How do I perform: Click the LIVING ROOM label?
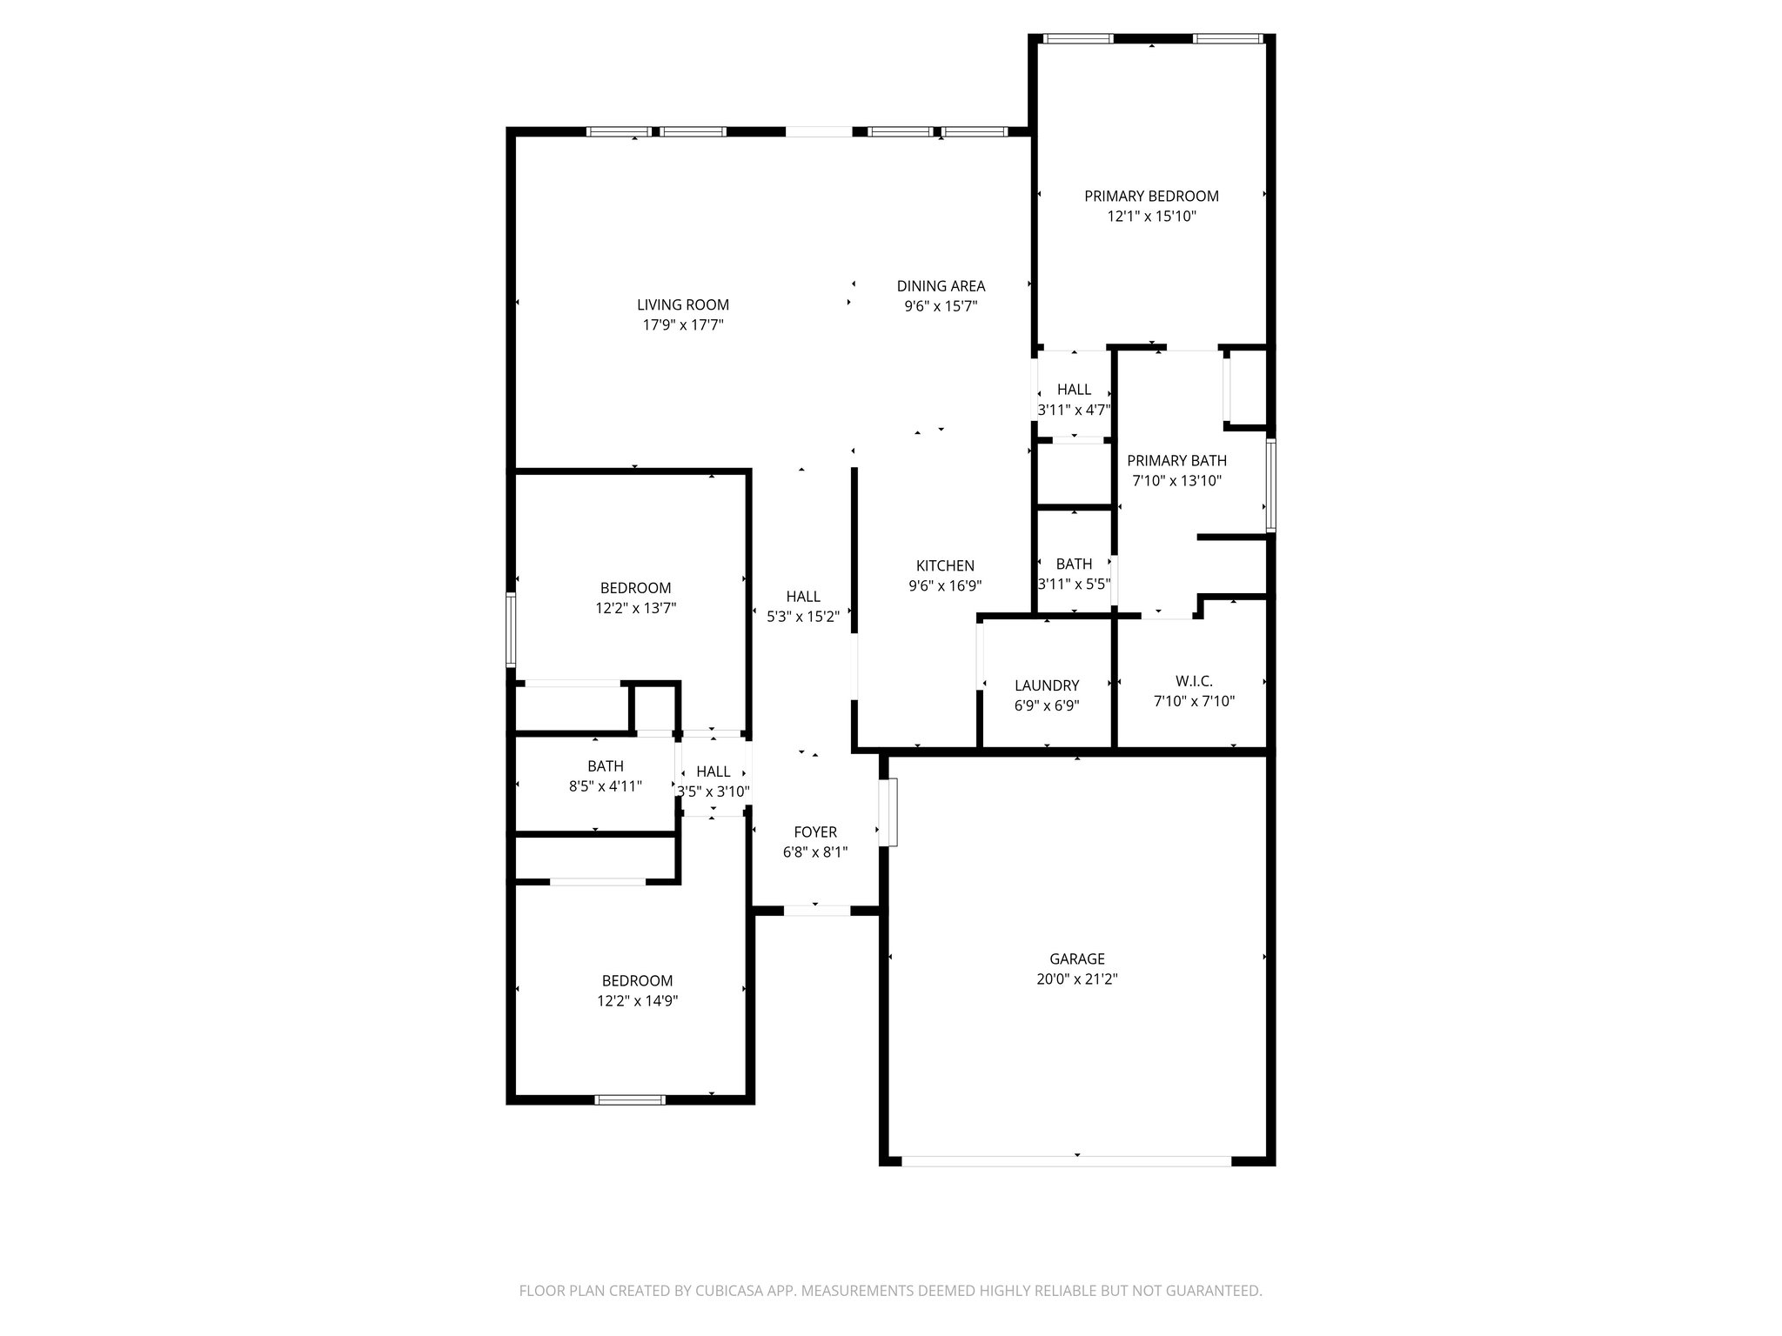point(683,305)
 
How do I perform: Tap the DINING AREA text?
point(941,286)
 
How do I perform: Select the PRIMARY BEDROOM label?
point(1151,197)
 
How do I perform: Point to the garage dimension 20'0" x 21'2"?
point(1077,979)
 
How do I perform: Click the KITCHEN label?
point(945,566)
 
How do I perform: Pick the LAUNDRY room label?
point(1047,685)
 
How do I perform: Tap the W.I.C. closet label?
point(1194,681)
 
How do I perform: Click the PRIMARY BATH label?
point(1176,461)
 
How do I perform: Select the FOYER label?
point(815,832)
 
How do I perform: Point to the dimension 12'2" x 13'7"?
point(636,608)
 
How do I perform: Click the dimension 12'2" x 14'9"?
point(637,1001)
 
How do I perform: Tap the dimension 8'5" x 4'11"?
point(606,786)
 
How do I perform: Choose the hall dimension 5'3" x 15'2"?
point(803,617)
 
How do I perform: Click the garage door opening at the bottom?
point(1066,1160)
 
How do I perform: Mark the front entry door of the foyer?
point(816,911)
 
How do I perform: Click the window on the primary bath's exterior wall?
point(1270,485)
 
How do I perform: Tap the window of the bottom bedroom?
point(630,1100)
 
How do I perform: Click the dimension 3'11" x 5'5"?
point(1074,584)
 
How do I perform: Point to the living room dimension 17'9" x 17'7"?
point(683,325)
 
